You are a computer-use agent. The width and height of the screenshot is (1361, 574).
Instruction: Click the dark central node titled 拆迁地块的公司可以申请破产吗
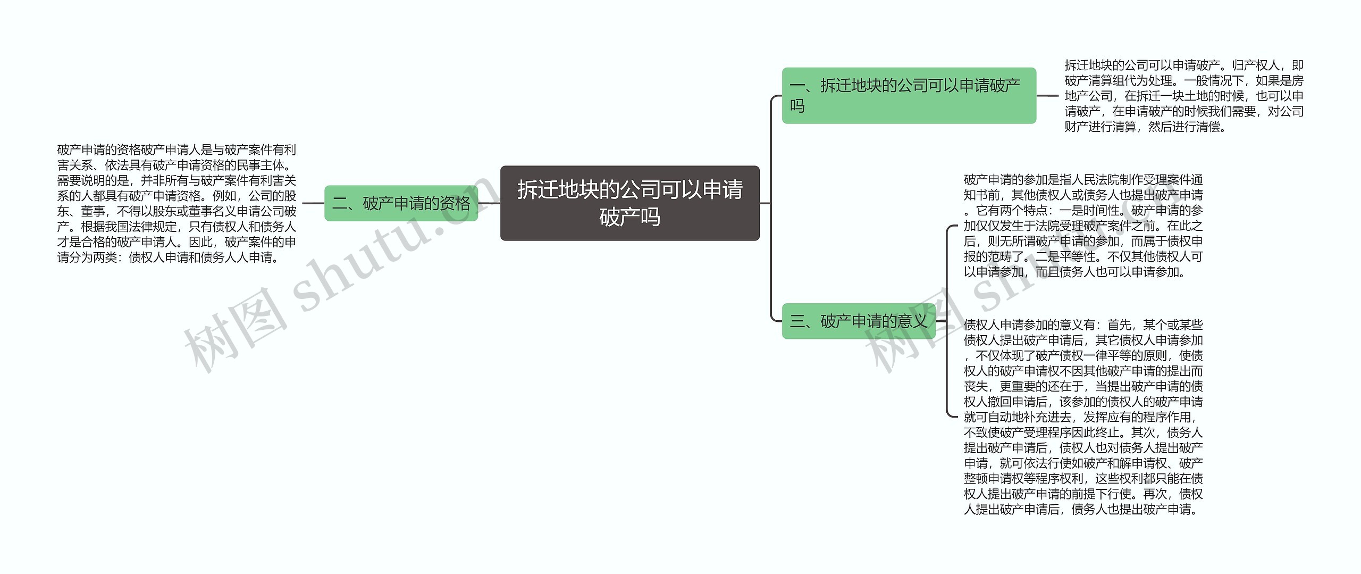[x=630, y=203]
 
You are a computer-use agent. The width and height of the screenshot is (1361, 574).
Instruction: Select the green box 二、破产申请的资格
[x=401, y=203]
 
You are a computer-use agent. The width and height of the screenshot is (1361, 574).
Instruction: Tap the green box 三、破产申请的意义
[x=859, y=321]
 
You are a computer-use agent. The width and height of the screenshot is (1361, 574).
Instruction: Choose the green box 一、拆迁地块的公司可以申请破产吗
[x=909, y=96]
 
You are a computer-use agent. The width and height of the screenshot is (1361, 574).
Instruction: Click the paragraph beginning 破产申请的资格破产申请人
[x=177, y=204]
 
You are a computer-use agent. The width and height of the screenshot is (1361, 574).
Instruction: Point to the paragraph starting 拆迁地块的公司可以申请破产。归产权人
[x=1184, y=96]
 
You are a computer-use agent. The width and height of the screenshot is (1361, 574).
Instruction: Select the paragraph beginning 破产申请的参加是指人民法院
[x=1083, y=226]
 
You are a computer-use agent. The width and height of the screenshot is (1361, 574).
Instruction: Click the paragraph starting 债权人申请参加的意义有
[x=1083, y=417]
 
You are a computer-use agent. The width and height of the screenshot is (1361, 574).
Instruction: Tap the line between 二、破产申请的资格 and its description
[x=313, y=203]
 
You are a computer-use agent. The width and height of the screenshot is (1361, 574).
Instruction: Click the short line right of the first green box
[x=1047, y=96]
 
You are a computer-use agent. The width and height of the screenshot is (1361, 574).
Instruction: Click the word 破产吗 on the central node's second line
[x=630, y=217]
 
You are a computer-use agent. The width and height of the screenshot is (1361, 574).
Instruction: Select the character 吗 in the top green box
[x=797, y=106]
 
